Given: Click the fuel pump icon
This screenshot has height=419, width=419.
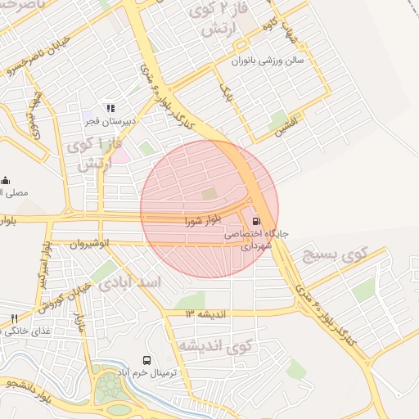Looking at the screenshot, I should (257, 220).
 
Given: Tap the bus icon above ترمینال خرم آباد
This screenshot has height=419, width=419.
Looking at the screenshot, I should (147, 360).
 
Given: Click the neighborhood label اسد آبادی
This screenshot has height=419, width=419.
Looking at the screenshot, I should (132, 282).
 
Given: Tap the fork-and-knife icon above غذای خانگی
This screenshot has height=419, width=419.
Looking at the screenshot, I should (14, 318).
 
